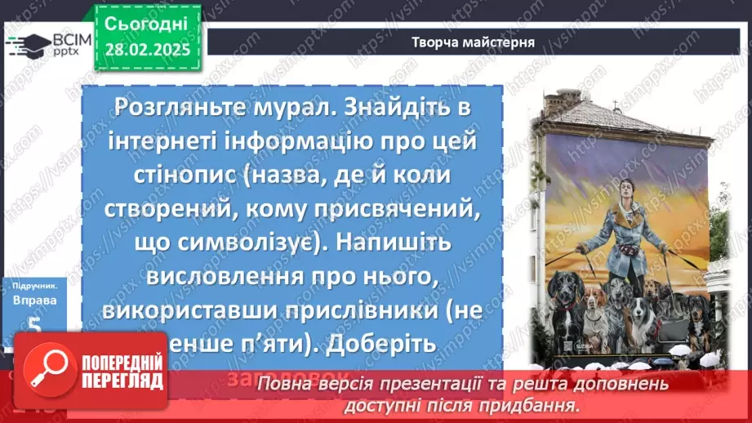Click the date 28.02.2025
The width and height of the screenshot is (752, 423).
147,49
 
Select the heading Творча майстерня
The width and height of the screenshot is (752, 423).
474,42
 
